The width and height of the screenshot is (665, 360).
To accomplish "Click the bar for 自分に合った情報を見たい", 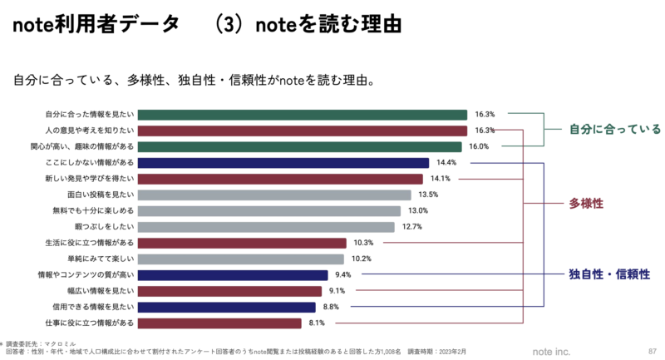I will tap(303, 115).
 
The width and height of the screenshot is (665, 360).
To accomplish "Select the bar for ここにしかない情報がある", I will tap(283, 163).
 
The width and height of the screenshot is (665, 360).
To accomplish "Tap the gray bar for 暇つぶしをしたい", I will tap(266, 227).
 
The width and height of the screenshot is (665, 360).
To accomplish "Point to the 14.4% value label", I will tap(447, 163).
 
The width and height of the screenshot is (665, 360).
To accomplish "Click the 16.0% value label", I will tap(478, 146).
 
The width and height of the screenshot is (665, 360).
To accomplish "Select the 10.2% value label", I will tap(362, 259).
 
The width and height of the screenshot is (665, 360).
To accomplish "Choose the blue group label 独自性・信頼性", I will tap(609, 274).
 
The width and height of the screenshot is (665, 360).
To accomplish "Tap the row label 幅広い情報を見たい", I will tap(101, 291).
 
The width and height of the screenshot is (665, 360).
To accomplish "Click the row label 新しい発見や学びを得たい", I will tap(89, 179).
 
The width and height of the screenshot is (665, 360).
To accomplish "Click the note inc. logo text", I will tap(552, 351).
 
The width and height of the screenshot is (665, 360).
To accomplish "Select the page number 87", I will tap(651, 351).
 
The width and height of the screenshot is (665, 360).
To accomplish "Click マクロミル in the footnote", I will tap(61, 343).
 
